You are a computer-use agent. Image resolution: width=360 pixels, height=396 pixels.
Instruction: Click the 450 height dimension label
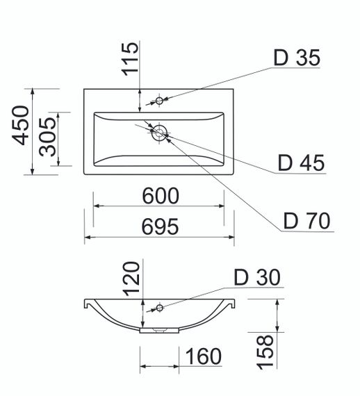pos(22,125)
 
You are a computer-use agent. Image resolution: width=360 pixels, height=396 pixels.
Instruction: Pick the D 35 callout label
pos(296,58)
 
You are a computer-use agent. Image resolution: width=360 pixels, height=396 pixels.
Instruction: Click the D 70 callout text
pos(306,222)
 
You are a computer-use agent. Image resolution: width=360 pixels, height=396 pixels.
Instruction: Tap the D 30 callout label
pos(257,278)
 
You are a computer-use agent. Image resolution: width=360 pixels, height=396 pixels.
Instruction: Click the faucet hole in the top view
pos(159,101)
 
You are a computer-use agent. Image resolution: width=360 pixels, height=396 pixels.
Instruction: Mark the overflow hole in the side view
pos(159,307)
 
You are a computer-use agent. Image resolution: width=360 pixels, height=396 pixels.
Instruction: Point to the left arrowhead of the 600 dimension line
pos(97,206)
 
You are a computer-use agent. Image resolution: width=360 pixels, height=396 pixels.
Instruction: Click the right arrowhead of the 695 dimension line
pos(231,237)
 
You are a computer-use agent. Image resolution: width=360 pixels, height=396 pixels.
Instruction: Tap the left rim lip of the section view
pos(87,304)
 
